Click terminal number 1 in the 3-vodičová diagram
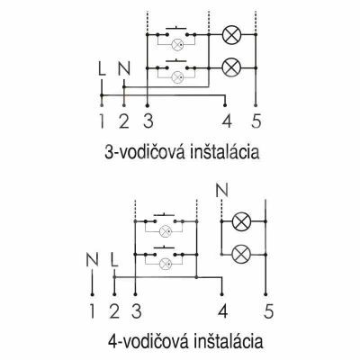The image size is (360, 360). click(x=103, y=121)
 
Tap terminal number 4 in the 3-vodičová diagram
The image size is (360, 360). click(x=228, y=121)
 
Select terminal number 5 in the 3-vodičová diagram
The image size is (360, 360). click(x=256, y=121)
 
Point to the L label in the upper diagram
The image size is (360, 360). click(x=102, y=69)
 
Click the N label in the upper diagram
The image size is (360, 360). click(x=124, y=69)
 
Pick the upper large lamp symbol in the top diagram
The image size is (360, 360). click(x=231, y=35)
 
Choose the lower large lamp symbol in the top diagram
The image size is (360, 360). click(x=231, y=68)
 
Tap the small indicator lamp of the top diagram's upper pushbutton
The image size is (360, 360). click(x=177, y=45)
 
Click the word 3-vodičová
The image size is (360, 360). click(x=145, y=152)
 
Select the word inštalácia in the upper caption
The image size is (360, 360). click(x=225, y=152)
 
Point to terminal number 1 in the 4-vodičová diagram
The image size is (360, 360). click(x=92, y=311)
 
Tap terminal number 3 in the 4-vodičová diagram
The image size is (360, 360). click(x=136, y=311)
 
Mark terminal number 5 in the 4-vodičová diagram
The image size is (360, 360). click(x=268, y=311)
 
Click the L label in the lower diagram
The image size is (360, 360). click(x=114, y=259)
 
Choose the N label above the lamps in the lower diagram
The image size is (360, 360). click(x=222, y=190)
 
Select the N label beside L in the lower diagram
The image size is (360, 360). click(x=92, y=259)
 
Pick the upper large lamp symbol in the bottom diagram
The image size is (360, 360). click(x=241, y=221)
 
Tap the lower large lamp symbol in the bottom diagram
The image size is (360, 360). click(x=241, y=255)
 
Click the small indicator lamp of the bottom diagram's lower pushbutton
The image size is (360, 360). click(x=165, y=264)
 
